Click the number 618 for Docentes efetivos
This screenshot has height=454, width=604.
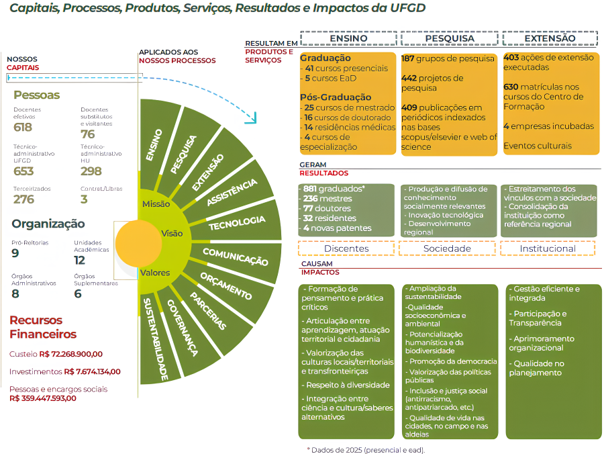23,128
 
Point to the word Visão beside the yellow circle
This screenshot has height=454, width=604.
172,233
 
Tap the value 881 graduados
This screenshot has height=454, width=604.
334,189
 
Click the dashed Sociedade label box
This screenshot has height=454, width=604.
447,248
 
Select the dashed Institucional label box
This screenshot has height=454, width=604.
548,248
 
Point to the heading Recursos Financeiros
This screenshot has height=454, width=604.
44,327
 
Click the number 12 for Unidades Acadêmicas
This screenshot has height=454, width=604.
80,260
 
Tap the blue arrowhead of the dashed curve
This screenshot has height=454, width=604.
252,119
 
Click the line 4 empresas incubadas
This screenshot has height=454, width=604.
548,126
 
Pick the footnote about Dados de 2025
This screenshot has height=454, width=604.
366,450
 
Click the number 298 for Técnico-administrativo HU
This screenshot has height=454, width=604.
91,171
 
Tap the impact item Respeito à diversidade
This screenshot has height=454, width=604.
347,385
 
